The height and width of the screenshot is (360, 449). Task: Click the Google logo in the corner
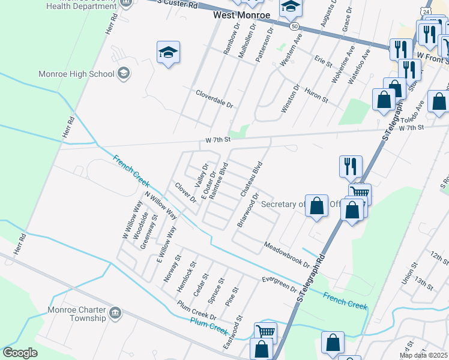(20, 353)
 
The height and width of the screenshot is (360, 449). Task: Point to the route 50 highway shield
(294, 26)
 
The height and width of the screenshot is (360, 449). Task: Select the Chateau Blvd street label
(252, 179)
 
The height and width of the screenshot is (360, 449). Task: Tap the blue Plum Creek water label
(209, 327)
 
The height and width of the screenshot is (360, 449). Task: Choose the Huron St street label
(316, 94)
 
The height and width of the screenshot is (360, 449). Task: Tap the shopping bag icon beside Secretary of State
(316, 205)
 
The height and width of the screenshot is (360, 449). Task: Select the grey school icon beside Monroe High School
(124, 73)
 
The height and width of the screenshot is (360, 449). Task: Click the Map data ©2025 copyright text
(424, 355)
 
